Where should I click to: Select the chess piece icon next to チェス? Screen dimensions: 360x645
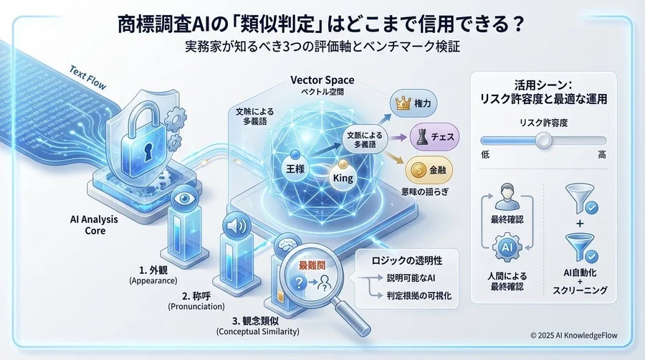[418, 135]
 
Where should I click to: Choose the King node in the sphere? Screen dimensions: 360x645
[343, 177]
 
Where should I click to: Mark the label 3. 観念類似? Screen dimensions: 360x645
[257, 321]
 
